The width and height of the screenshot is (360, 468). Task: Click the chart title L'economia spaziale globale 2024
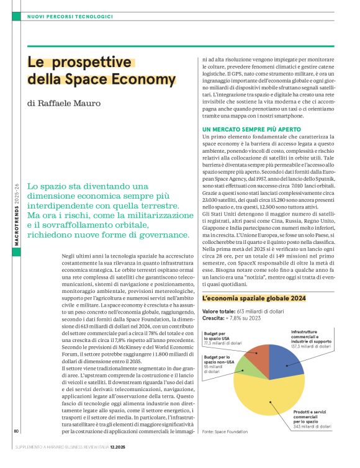254,299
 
